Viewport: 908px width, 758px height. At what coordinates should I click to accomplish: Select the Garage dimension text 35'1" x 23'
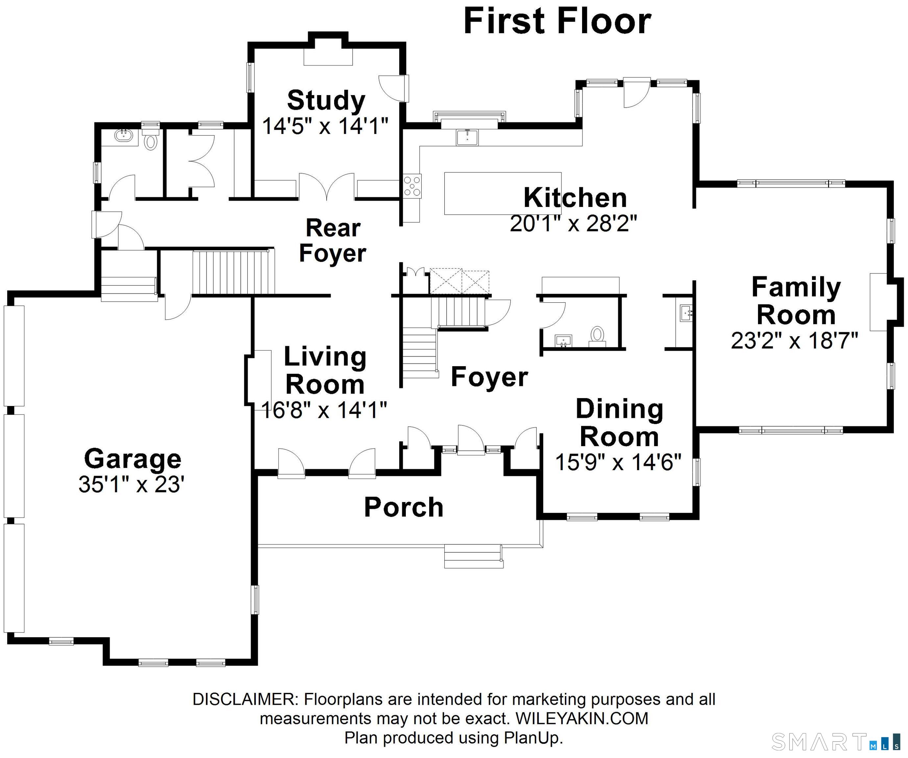coord(132,485)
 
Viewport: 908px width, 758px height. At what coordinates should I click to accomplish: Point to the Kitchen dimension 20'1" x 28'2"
coord(573,224)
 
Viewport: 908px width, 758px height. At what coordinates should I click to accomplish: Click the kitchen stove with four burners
coord(412,186)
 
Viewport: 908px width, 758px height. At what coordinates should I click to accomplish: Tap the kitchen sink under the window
coord(467,137)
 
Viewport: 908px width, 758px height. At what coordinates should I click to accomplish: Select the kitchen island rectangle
coord(503,193)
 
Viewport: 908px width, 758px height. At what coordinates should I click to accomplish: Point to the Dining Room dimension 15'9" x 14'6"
coord(618,463)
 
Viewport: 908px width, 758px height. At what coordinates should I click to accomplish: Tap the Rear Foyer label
coord(332,240)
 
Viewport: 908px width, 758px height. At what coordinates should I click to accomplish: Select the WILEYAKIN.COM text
coord(582,719)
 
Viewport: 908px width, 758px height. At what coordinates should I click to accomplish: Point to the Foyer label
coord(489,377)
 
